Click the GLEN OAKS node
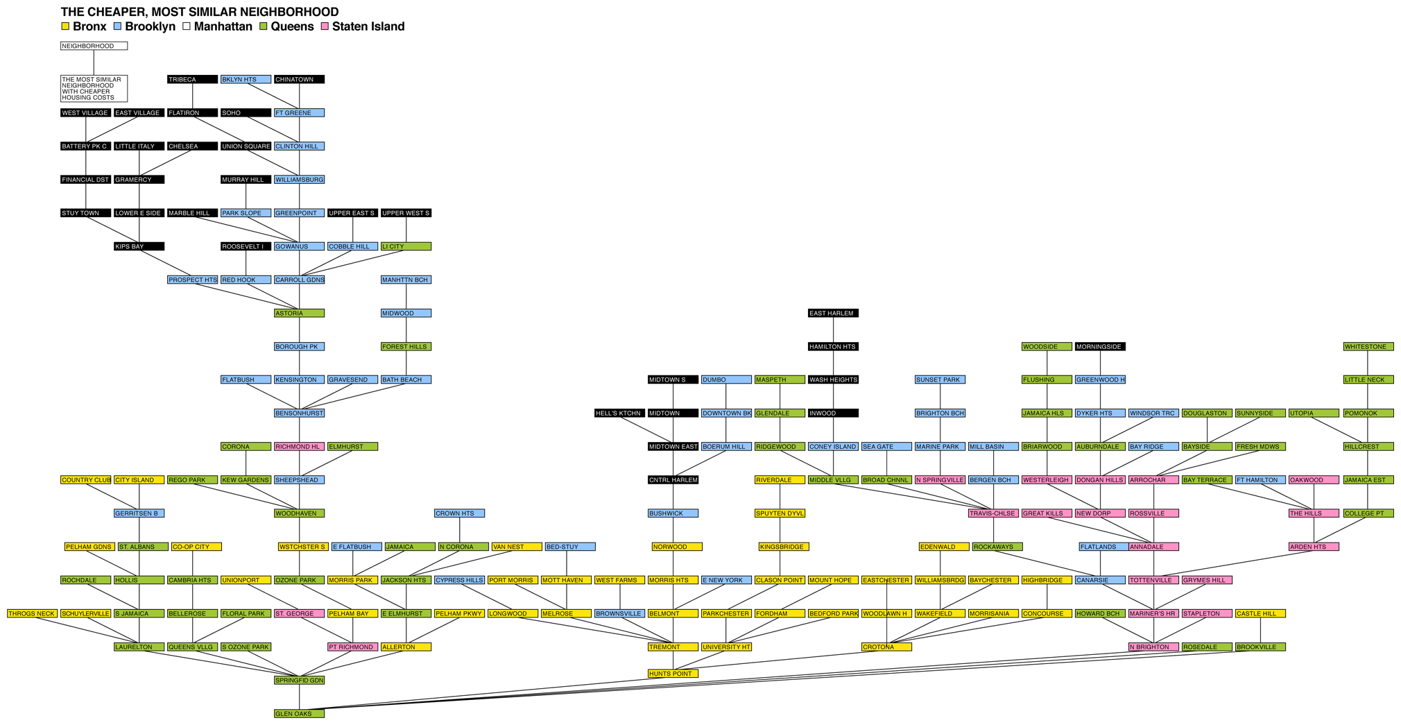[x=299, y=713]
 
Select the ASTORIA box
[x=299, y=313]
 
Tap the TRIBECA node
[x=192, y=79]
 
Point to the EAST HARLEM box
[x=833, y=313]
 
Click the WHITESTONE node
[x=1368, y=346]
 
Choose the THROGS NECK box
[x=32, y=613]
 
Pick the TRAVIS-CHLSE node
[x=993, y=513]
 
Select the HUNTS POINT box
[x=673, y=673]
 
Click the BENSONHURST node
[x=299, y=413]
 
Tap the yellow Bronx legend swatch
[x=65, y=26]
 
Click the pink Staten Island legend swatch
[x=325, y=26]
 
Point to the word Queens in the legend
[x=292, y=26]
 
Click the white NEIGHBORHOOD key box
[x=94, y=46]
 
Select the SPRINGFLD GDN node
[x=299, y=680]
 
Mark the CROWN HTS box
[x=459, y=513]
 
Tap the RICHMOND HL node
[x=299, y=446]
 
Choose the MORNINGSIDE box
[x=1100, y=346]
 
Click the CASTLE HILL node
[x=1260, y=613]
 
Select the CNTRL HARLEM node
[x=673, y=479]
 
